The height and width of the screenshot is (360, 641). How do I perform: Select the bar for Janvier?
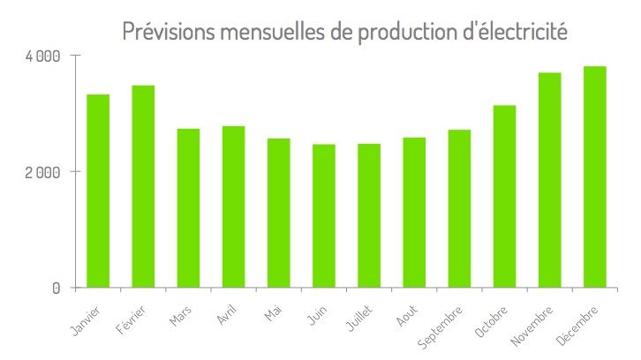(98, 191)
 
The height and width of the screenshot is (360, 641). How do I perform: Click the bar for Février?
(143, 186)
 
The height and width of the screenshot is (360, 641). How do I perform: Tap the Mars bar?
(188, 208)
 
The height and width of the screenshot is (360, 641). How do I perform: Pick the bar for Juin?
(324, 215)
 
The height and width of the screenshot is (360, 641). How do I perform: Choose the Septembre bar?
(460, 208)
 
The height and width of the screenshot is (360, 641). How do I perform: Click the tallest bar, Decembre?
(595, 176)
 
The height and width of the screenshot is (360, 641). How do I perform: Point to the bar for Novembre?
(550, 180)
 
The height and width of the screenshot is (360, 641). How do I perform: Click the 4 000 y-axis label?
(41, 56)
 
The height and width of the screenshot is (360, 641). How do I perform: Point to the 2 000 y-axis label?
(41, 172)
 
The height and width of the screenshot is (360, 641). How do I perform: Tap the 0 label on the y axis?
(56, 289)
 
